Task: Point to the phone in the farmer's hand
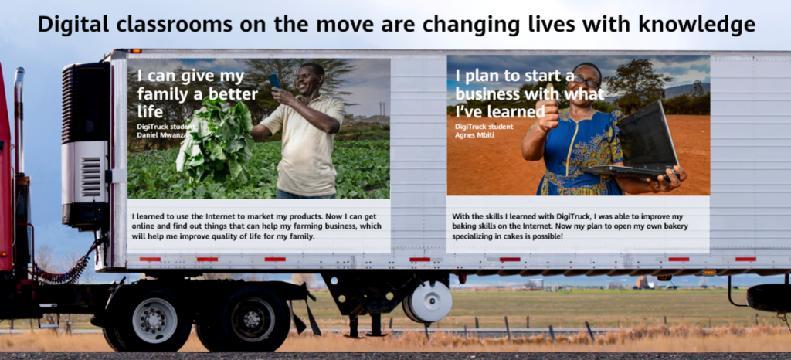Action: tap(276, 81)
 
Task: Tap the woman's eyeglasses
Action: tap(586, 81)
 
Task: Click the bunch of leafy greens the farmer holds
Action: tap(215, 141)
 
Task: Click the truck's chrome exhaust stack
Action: tap(19, 121)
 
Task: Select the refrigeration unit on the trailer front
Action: tap(85, 145)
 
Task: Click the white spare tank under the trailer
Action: tap(428, 301)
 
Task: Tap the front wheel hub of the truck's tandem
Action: tap(154, 321)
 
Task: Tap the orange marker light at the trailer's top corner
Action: tap(134, 51)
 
